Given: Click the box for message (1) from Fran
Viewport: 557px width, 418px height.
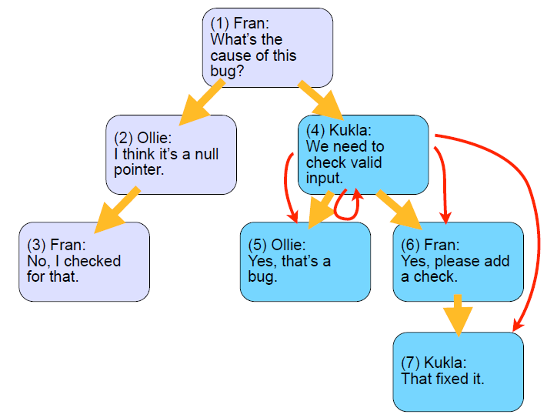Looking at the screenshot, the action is (x=268, y=48).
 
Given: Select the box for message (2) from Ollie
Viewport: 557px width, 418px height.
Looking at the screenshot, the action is (x=172, y=155).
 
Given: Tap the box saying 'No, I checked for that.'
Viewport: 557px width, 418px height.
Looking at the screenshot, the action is (x=84, y=262).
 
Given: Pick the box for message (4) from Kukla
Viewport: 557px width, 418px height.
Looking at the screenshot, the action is (x=363, y=155).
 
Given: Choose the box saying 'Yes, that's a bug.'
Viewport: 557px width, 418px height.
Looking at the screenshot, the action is (x=305, y=262).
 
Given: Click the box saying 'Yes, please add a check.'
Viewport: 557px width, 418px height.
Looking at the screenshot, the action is (x=459, y=262).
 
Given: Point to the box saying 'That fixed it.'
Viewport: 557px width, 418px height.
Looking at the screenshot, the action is (x=459, y=372).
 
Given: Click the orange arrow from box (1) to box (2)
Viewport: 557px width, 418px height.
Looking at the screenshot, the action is (x=202, y=102).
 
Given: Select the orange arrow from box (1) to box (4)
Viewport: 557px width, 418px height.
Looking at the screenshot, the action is (x=321, y=101).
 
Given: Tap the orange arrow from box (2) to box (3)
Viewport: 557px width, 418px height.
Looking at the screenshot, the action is (x=117, y=209).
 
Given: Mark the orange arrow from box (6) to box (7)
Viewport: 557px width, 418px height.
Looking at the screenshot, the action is (x=458, y=316).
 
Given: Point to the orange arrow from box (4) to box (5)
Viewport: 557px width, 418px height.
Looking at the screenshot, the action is (x=321, y=209).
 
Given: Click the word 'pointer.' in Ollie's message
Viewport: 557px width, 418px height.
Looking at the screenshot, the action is (x=139, y=170).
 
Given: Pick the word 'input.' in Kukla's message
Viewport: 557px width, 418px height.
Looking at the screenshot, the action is (x=325, y=178).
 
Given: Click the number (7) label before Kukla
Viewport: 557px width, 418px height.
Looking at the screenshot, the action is (x=410, y=363).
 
